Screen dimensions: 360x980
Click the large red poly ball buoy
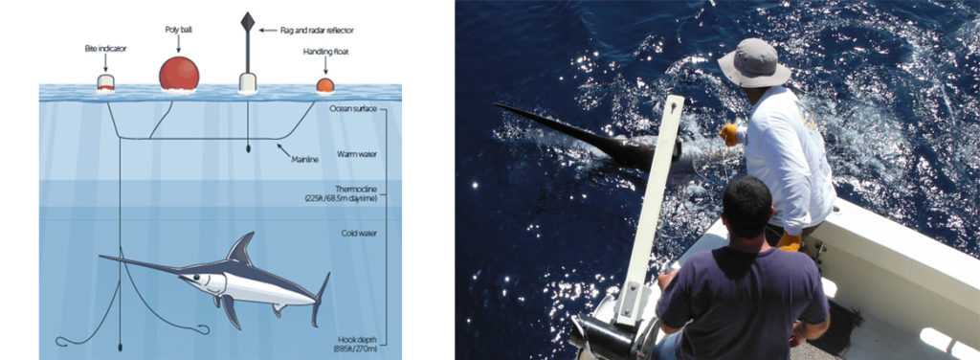click(179, 74)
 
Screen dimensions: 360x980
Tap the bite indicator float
click(106, 83)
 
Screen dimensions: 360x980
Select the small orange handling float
click(325, 85)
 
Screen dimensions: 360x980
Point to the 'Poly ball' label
click(179, 30)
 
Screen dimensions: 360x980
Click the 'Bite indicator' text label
click(106, 46)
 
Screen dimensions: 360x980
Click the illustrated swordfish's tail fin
click(321, 296)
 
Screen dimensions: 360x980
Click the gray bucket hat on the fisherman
click(753, 63)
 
